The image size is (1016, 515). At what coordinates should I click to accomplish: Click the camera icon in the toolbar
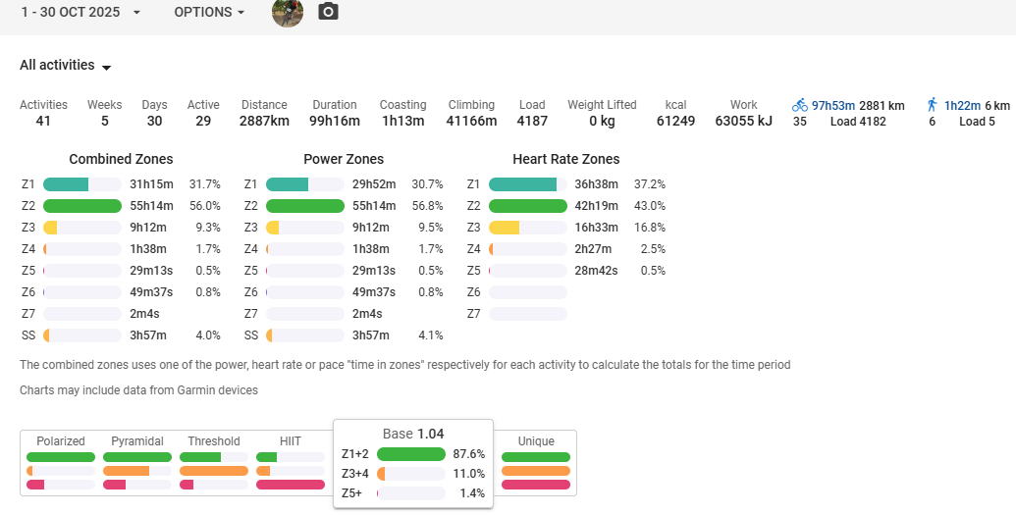tap(329, 13)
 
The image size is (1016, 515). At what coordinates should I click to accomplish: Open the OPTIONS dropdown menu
tap(209, 13)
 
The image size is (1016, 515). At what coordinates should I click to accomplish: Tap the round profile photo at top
tap(288, 13)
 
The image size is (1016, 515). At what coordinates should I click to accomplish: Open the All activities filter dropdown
tap(66, 66)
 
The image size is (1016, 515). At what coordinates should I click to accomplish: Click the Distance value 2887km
tap(264, 122)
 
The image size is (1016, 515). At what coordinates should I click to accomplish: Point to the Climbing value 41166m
tap(472, 122)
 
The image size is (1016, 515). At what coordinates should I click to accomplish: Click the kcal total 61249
tap(675, 122)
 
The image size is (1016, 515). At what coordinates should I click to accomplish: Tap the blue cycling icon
tap(800, 105)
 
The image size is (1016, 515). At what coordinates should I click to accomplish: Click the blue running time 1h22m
tap(962, 105)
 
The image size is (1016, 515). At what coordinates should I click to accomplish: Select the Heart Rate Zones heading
tap(565, 159)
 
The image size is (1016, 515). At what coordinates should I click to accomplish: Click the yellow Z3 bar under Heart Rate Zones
tap(505, 228)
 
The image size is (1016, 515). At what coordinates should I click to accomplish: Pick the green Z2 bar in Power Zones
tap(304, 206)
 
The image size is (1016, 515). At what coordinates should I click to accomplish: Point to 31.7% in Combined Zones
tap(204, 184)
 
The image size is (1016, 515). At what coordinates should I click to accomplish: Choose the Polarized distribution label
tap(61, 441)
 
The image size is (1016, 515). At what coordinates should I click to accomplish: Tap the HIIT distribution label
tap(291, 441)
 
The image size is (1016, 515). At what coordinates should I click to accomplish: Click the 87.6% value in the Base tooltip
tap(470, 454)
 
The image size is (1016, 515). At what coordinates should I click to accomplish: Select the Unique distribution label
tap(536, 441)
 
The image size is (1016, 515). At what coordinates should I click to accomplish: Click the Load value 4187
tap(532, 122)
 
